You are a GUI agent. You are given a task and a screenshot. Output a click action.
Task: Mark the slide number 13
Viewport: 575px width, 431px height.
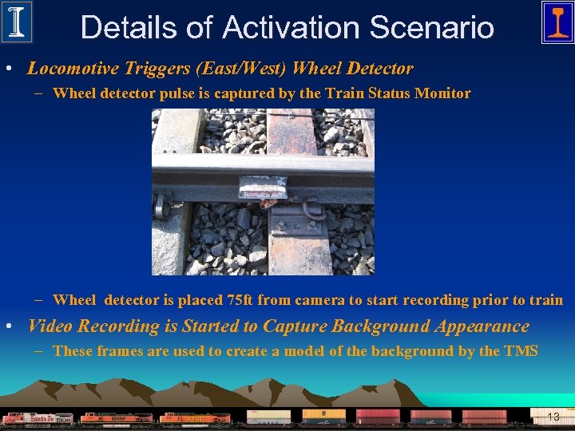click(553, 417)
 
